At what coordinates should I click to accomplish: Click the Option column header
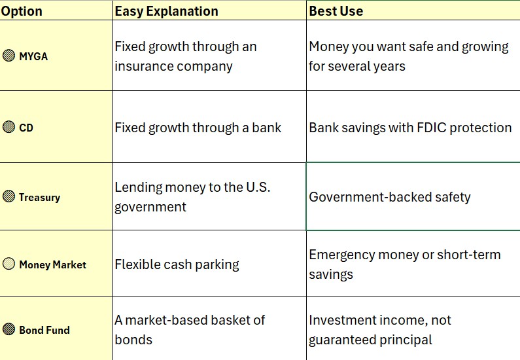click(22, 11)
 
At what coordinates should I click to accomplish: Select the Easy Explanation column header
click(167, 11)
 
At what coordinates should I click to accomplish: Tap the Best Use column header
click(336, 11)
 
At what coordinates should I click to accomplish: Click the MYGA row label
click(33, 56)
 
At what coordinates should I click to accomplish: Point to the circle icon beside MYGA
click(9, 56)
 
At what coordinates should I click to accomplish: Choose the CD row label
click(26, 128)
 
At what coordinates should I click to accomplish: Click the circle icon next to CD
click(9, 127)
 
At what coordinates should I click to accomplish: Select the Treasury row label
click(40, 198)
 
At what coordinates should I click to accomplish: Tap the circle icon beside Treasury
click(9, 196)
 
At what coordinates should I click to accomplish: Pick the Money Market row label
click(53, 265)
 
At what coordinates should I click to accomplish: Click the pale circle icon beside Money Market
click(9, 264)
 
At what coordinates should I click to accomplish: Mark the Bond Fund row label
click(44, 330)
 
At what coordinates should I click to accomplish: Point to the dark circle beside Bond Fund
click(9, 329)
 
